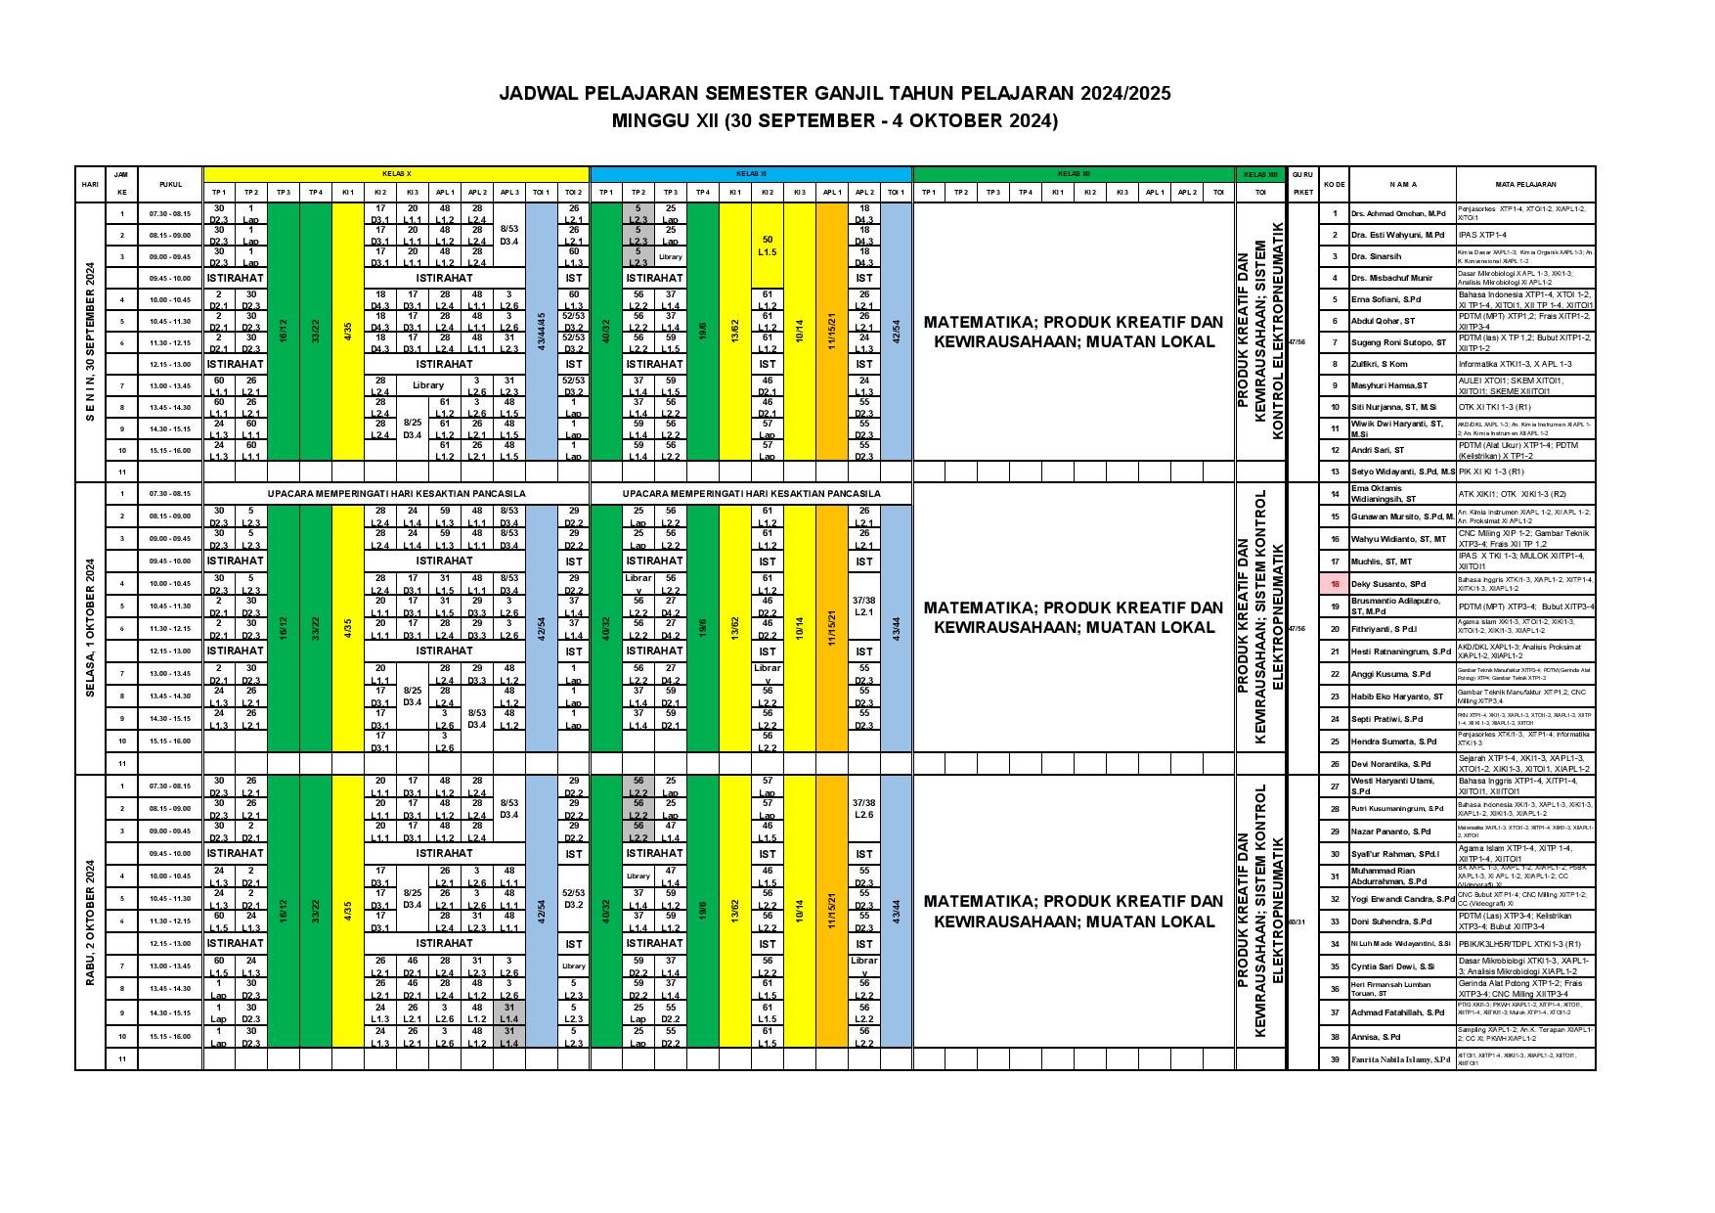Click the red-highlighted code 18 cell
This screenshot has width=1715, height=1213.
tap(1334, 584)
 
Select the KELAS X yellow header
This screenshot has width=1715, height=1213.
tap(395, 173)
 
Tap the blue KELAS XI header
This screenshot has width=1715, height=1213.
tap(751, 173)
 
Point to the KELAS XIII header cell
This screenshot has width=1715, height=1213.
tap(1261, 173)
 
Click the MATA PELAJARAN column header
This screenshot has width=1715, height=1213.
tap(1524, 184)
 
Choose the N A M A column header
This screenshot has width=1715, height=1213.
tap(1402, 184)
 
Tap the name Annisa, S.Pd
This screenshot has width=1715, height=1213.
tap(1377, 1037)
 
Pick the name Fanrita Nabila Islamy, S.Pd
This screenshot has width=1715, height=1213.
tap(1400, 1059)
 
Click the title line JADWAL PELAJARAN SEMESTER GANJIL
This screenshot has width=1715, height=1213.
tap(835, 94)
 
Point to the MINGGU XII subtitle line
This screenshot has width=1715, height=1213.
tap(835, 121)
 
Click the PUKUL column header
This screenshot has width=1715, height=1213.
tap(169, 184)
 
